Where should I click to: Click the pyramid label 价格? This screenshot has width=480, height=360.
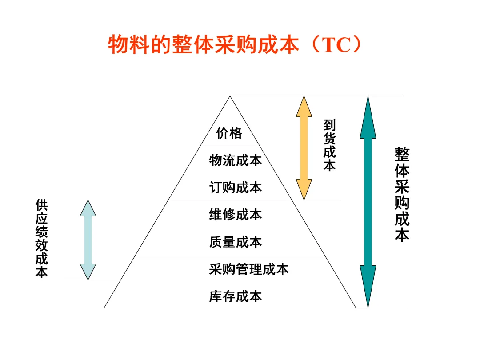[229, 133]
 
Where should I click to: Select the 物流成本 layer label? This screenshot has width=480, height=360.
[236, 160]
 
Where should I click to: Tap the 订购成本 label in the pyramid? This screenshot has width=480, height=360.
[236, 188]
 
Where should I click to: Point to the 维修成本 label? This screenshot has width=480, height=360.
[236, 215]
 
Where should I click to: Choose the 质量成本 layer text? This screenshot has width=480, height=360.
[236, 242]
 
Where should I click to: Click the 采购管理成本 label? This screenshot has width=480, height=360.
[249, 269]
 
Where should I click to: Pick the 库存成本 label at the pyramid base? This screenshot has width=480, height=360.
[236, 296]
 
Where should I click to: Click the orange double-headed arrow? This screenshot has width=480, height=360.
[304, 148]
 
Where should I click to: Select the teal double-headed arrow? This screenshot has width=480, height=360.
[368, 202]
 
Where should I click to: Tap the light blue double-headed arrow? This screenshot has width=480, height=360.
[88, 240]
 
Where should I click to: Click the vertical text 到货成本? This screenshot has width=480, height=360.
[329, 145]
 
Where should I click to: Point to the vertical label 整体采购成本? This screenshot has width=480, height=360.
[402, 195]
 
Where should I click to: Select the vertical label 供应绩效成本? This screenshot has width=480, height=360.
[42, 239]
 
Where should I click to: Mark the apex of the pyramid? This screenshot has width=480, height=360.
[230, 96]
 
